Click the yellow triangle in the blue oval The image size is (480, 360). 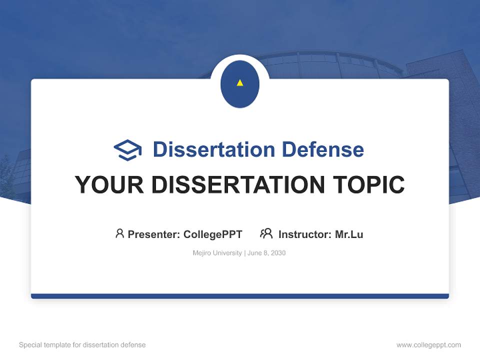pyautogui.click(x=240, y=83)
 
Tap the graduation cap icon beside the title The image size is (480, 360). pyautogui.click(x=127, y=150)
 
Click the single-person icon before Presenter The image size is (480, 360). pyautogui.click(x=119, y=233)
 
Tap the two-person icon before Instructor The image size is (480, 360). pyautogui.click(x=266, y=233)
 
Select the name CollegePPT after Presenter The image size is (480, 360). pyautogui.click(x=213, y=234)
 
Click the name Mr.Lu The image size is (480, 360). pyautogui.click(x=349, y=234)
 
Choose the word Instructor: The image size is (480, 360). pyautogui.click(x=305, y=234)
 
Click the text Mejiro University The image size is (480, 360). pyautogui.click(x=217, y=253)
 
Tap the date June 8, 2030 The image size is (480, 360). pyautogui.click(x=266, y=253)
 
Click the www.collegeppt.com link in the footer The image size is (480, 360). pyautogui.click(x=428, y=345)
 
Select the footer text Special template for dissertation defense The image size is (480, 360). pyautogui.click(x=82, y=345)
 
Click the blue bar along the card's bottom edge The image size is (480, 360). pyautogui.click(x=240, y=296)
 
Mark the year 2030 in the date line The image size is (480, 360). pyautogui.click(x=278, y=253)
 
